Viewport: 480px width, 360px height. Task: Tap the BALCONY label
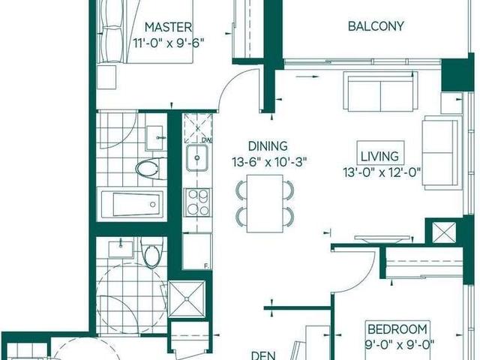pos(376,26)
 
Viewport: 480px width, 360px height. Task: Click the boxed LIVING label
pos(379,157)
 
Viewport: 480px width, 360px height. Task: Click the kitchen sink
pos(196,158)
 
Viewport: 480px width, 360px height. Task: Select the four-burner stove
pos(197,201)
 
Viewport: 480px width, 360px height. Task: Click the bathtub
pos(132,202)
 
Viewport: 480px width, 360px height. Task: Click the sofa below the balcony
pos(381,92)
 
